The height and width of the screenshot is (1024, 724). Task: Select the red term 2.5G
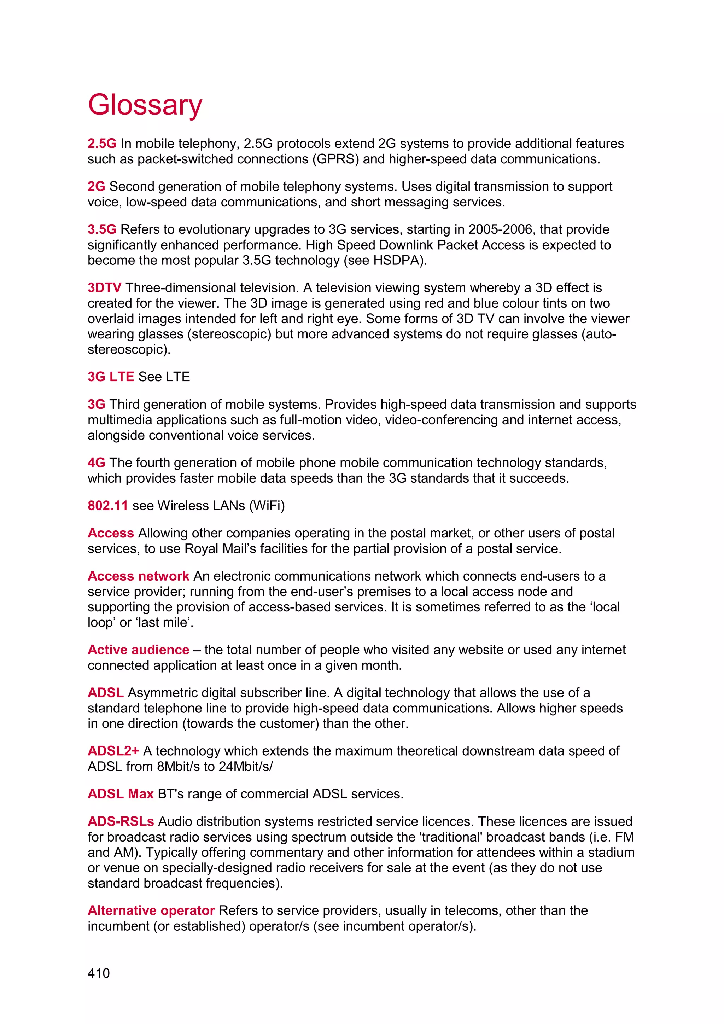coord(102,144)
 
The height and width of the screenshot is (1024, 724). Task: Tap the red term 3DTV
coord(104,288)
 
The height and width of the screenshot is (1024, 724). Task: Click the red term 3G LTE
coord(111,377)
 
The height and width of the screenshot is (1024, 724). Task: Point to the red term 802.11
coord(107,505)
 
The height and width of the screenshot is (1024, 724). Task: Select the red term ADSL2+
coord(113,751)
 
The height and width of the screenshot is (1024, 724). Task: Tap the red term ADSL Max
coord(120,794)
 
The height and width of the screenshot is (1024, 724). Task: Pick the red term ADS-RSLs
coord(120,821)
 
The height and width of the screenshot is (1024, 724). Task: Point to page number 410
coord(99,973)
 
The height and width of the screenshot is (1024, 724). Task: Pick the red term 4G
coord(96,462)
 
